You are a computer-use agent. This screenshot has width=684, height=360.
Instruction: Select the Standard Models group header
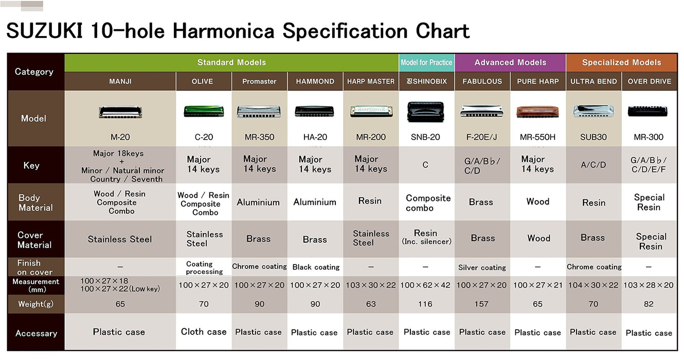[x=231, y=63]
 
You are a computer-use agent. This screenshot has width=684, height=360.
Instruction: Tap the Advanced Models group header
[x=510, y=63]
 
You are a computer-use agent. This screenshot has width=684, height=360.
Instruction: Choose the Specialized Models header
[x=621, y=63]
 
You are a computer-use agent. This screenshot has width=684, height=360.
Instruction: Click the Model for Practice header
[x=426, y=63]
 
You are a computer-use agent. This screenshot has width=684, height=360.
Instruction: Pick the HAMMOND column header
[x=315, y=81]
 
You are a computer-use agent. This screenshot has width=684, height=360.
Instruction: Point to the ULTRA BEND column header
[x=593, y=81]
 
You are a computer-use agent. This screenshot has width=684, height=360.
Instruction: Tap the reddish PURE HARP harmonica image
[x=537, y=111]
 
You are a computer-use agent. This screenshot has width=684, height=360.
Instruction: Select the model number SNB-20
[x=426, y=137]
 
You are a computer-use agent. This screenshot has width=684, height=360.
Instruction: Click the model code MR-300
[x=649, y=137]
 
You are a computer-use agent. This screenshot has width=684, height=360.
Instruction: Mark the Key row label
[x=31, y=166]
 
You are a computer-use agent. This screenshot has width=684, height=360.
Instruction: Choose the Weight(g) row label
[x=35, y=304]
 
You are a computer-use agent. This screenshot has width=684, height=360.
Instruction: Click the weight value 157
[x=481, y=304]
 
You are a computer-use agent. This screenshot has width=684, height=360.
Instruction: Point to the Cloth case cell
[x=204, y=332]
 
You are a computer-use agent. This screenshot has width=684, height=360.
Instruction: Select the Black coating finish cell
[x=316, y=267]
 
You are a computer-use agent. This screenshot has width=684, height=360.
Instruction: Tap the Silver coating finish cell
[x=482, y=267]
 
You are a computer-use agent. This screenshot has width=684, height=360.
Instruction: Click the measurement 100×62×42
[x=425, y=285]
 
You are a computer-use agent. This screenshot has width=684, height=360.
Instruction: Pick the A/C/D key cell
[x=593, y=165]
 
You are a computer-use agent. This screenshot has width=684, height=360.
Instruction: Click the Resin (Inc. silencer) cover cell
[x=426, y=237]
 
